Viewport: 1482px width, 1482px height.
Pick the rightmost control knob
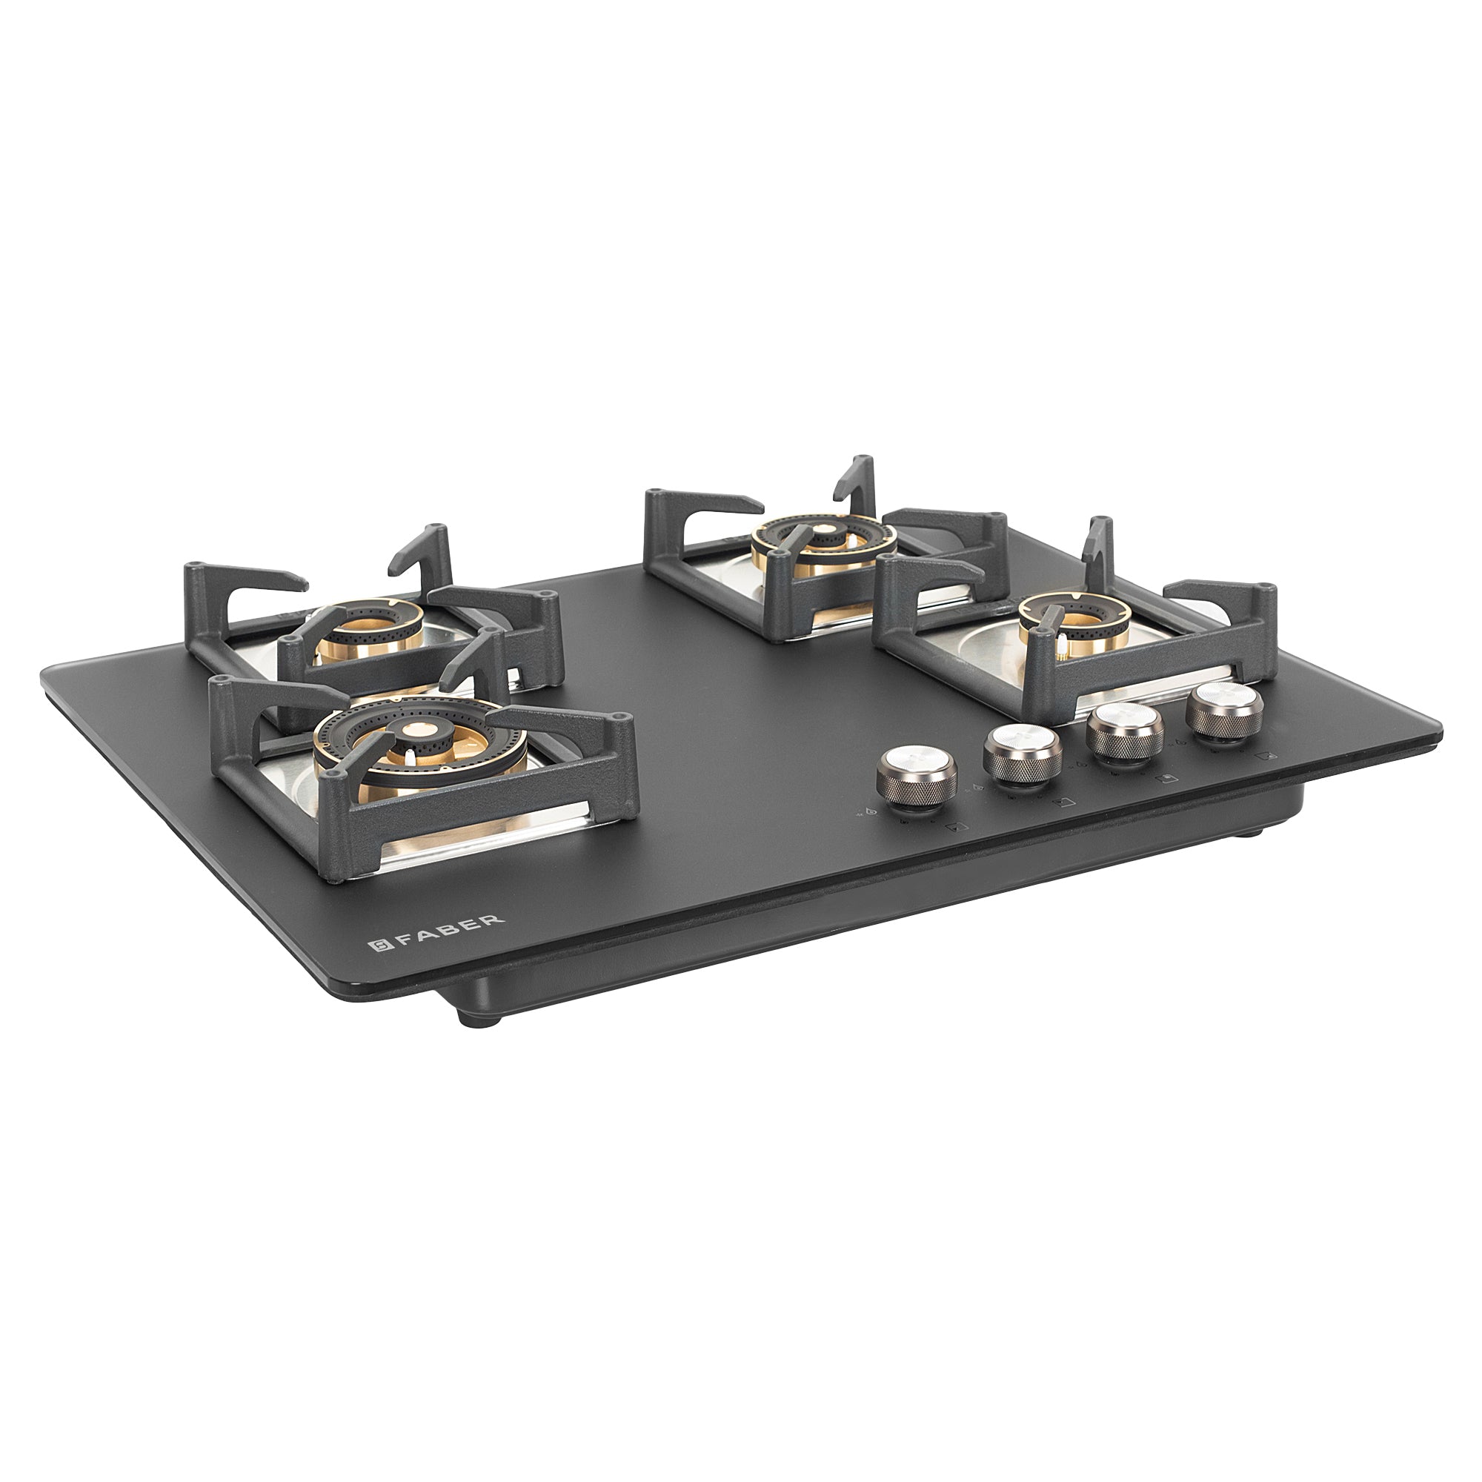tap(1223, 709)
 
